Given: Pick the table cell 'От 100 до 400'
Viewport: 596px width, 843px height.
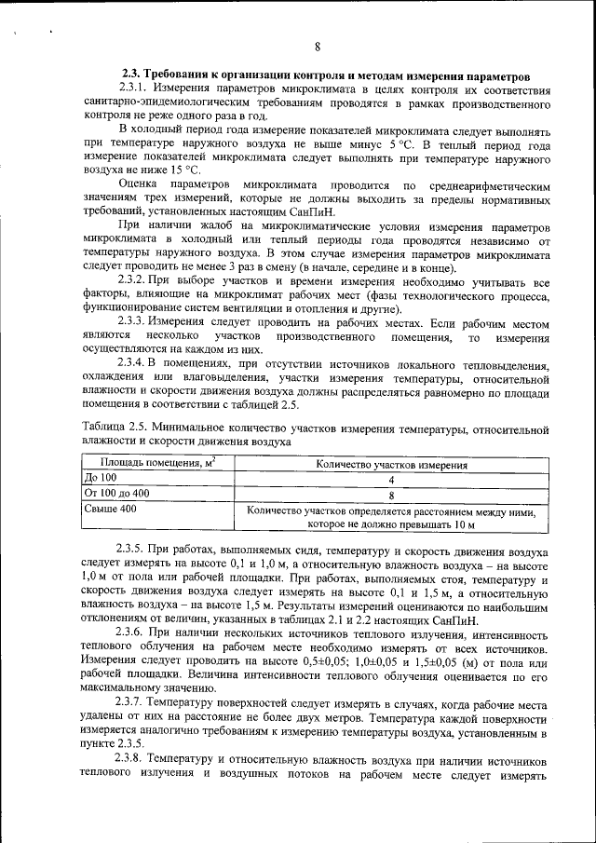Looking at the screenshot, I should [x=117, y=494].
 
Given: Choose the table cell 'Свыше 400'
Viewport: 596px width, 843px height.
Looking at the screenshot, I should [x=111, y=510].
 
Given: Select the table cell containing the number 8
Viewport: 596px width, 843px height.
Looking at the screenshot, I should [x=391, y=495].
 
